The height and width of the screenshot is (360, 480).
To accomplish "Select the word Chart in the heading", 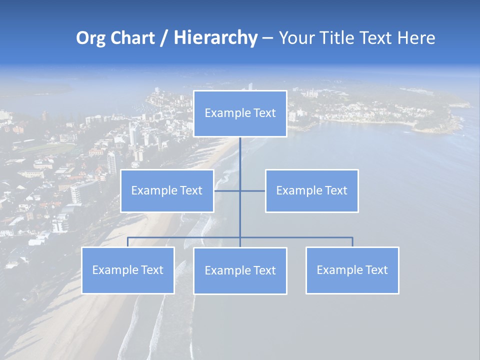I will tap(131, 38).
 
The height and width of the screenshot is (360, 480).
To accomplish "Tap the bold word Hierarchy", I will tap(215, 38).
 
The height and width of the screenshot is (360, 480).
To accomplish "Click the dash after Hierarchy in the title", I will tap(267, 38).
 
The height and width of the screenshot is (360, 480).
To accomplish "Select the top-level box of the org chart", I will tap(240, 113).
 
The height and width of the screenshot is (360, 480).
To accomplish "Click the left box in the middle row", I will tap(167, 190).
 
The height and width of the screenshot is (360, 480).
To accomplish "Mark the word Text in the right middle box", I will tap(335, 190).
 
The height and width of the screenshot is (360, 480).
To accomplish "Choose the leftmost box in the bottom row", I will tap(127, 270).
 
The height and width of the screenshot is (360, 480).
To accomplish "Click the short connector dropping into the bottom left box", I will tap(127, 242).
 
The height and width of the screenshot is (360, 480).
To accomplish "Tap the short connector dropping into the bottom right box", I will tap(352, 242).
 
